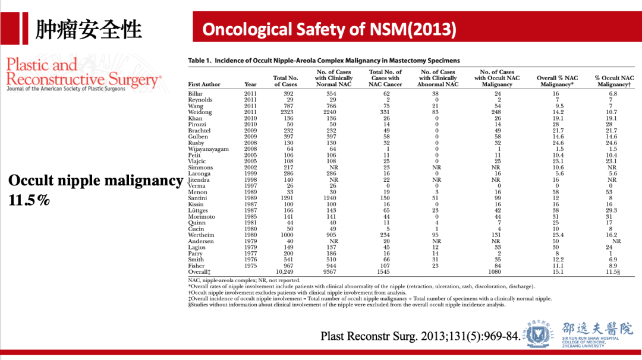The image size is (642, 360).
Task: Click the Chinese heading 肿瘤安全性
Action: coord(89,29)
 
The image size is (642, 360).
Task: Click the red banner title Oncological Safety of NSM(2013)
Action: coord(329,29)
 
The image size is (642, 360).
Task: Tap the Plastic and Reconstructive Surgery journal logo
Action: coord(83,74)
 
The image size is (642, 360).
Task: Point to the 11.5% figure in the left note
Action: coord(29,200)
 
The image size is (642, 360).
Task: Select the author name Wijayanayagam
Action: coord(208,149)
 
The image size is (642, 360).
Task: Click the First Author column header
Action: coord(204,84)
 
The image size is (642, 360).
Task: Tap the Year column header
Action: coord(250,84)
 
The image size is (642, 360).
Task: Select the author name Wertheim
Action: coord(201,236)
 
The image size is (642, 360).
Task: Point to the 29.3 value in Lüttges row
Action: coord(610,210)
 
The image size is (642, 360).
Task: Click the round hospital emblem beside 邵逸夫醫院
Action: coord(539,333)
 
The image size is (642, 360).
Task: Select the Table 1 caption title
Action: coord(324,61)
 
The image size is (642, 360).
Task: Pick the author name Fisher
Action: coord(197,267)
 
